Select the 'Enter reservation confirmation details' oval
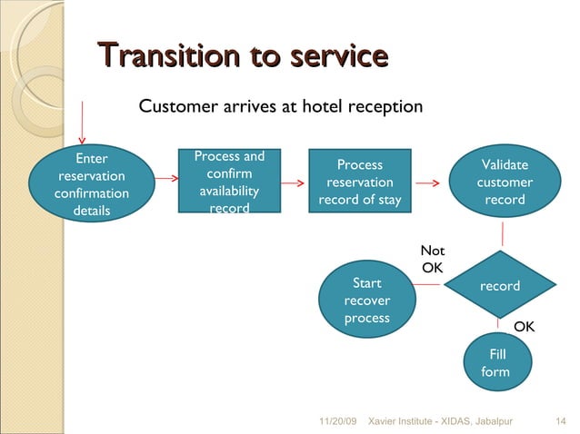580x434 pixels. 92,185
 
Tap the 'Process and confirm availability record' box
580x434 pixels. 229,182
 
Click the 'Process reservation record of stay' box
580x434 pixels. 359,182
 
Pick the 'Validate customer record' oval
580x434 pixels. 505,182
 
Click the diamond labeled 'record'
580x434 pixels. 499,286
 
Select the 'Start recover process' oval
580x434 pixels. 367,301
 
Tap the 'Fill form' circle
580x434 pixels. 497,362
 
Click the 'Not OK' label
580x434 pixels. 433,259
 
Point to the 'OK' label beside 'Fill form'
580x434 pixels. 525,326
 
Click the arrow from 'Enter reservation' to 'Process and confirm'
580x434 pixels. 165,179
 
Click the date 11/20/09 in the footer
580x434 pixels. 338,421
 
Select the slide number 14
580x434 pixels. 560,421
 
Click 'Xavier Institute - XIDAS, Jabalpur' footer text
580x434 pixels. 434,421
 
